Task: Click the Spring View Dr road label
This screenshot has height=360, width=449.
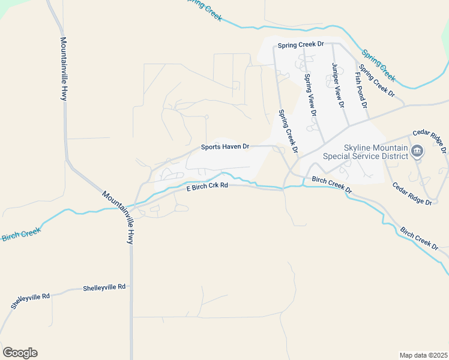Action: (310, 94)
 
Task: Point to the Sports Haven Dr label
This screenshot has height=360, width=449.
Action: (224, 146)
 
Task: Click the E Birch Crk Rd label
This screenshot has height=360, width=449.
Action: (207, 186)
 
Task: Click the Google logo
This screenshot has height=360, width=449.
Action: (20, 353)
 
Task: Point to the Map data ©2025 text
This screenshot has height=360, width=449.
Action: (423, 355)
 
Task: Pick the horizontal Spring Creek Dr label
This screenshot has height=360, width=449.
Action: (300, 44)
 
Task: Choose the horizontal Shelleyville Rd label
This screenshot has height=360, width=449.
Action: (104, 287)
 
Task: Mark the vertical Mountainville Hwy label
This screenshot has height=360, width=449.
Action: (64, 68)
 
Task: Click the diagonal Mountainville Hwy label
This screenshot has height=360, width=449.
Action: (118, 217)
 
